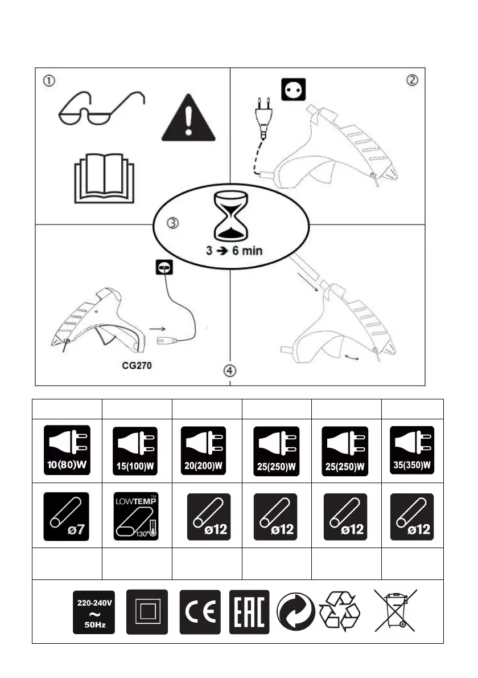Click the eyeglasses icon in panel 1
tap(101, 109)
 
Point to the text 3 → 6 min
tap(234, 251)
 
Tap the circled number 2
tap(413, 79)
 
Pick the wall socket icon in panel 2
tap(294, 89)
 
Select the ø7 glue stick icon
tap(67, 516)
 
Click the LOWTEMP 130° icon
tap(137, 516)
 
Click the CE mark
tap(200, 612)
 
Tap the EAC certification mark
tap(249, 612)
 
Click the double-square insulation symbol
tap(148, 612)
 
